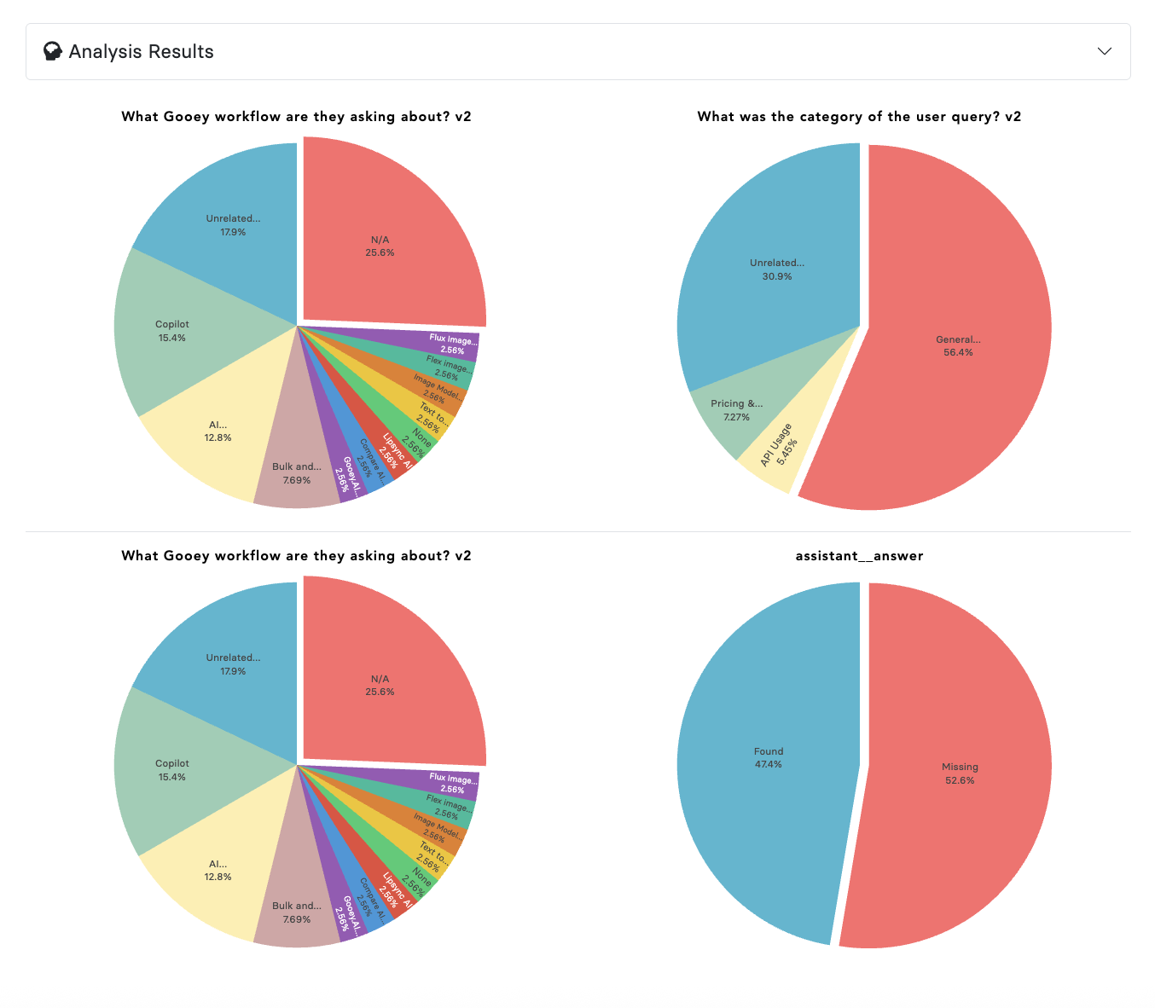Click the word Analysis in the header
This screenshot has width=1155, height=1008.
[x=94, y=52]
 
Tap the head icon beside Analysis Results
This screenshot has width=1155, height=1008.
[x=53, y=52]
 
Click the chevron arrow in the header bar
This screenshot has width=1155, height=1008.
[x=1104, y=51]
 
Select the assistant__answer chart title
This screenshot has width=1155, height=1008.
[x=859, y=556]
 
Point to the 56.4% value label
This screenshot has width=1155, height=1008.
[x=958, y=352]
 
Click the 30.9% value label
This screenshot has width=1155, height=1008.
[x=777, y=276]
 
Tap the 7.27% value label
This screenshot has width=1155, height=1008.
[x=736, y=417]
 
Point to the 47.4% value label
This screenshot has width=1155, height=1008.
[x=768, y=764]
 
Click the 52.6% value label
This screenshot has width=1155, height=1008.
[x=960, y=780]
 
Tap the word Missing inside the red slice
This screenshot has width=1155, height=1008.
[x=960, y=767]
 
